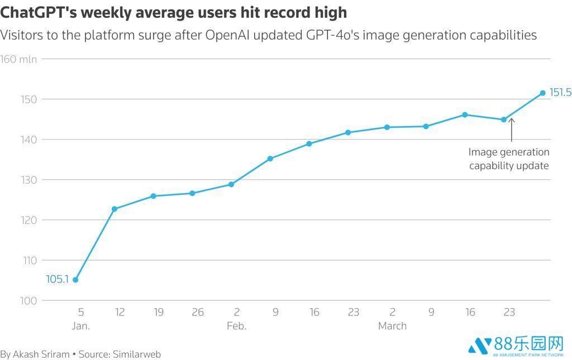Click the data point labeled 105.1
click(75, 280)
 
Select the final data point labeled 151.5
click(542, 93)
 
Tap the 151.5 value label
click(560, 93)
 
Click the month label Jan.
click(80, 326)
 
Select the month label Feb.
click(236, 326)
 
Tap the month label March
click(392, 326)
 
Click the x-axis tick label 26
click(197, 312)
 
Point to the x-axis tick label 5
click(80, 312)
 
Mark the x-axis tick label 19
click(158, 312)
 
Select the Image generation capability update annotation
click(509, 159)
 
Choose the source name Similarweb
click(137, 354)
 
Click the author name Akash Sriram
click(42, 354)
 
